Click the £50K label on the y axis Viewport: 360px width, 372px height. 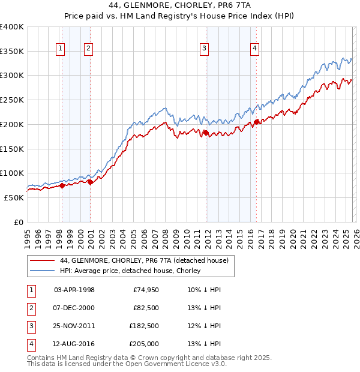pyautogui.click(x=14, y=197)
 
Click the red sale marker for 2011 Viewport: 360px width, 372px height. pyautogui.click(x=206, y=133)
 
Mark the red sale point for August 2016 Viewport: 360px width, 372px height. pyautogui.click(x=256, y=122)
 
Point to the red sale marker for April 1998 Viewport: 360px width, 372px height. pyautogui.click(x=62, y=186)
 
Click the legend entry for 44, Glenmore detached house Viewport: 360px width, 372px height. pyautogui.click(x=144, y=261)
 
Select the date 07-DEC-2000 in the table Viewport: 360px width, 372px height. pyautogui.click(x=74, y=308)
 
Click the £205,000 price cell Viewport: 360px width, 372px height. pyautogui.click(x=144, y=344)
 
